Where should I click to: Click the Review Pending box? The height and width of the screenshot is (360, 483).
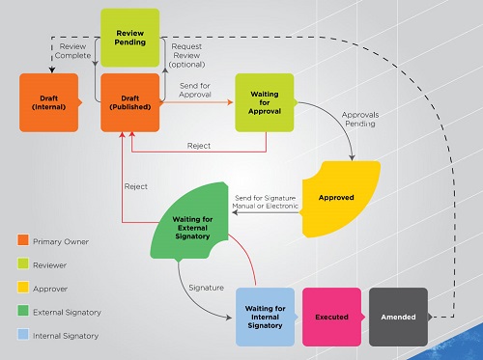[130, 36]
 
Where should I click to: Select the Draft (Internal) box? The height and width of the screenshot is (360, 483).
[49, 101]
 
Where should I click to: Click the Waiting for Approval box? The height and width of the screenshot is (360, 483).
[265, 101]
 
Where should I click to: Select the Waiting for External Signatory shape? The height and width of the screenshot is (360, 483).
[197, 226]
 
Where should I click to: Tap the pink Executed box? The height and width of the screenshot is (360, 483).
[331, 316]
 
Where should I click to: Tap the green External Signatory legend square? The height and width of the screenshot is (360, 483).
[22, 311]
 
